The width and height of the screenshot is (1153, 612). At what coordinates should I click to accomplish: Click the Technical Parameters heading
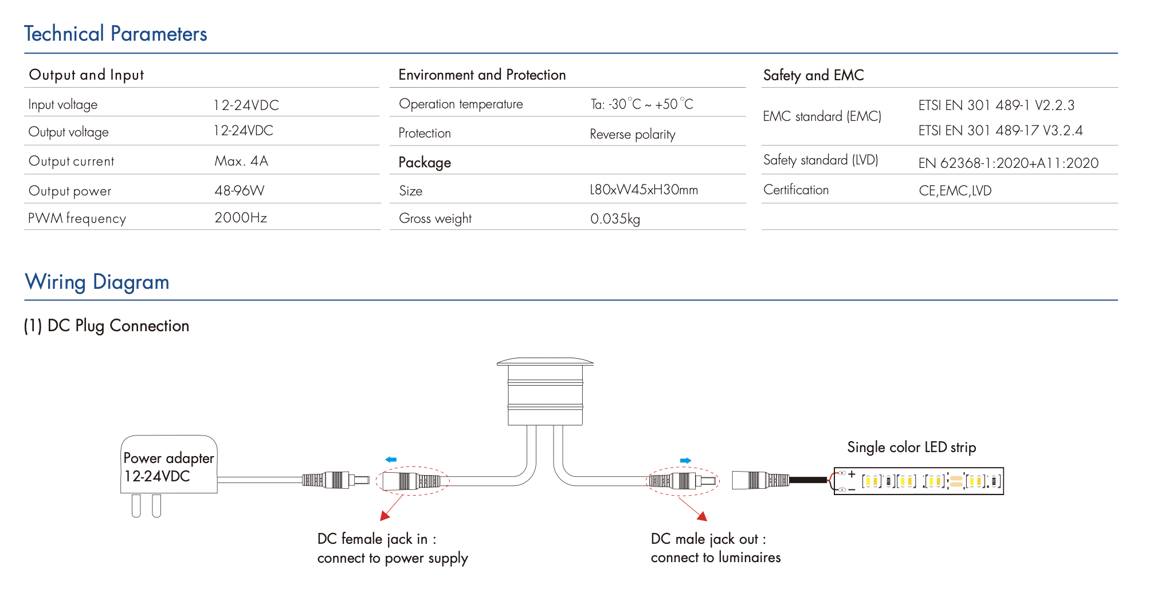115,34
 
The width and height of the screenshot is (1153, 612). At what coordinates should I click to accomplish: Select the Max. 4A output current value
241,161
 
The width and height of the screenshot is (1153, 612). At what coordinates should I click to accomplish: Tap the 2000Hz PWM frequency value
240,218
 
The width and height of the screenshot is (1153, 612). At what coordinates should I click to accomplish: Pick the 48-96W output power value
239,190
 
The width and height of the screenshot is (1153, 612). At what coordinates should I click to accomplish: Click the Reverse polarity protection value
632,134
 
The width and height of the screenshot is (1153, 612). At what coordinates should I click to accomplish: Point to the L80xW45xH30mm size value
643,190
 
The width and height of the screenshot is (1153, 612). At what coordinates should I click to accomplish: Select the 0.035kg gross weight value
614,218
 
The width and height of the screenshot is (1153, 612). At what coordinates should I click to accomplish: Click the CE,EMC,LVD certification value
955,190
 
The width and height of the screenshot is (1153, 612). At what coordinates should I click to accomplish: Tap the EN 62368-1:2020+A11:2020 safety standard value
1008,163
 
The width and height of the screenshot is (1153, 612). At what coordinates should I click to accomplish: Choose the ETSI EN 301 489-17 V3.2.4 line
1000,131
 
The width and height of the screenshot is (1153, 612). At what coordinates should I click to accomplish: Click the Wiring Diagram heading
97,282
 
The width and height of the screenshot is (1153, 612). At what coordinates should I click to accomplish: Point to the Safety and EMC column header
813,75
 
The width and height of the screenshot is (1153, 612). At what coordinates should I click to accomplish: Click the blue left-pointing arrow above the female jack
391,460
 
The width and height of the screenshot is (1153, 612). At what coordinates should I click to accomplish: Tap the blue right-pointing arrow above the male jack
685,460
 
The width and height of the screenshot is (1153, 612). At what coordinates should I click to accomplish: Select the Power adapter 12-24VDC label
168,467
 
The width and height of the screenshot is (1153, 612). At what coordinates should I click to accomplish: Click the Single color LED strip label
911,447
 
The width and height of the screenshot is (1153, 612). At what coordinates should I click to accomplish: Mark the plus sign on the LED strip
852,474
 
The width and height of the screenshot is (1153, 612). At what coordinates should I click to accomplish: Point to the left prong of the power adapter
136,505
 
